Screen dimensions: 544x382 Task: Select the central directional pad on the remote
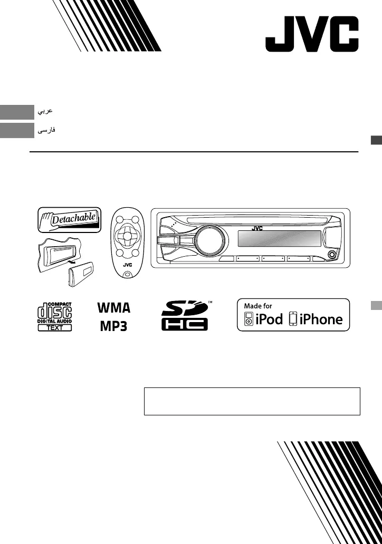click(x=127, y=237)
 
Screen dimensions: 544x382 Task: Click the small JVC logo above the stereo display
click(x=256, y=228)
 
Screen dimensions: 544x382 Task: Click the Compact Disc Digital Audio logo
click(x=54, y=313)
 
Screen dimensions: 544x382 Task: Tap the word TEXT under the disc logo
click(x=54, y=327)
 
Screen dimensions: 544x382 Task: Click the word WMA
click(x=114, y=307)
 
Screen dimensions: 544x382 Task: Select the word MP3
click(x=114, y=325)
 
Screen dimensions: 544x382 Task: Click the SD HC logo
click(x=184, y=315)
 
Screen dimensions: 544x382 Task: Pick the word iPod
click(x=269, y=319)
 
